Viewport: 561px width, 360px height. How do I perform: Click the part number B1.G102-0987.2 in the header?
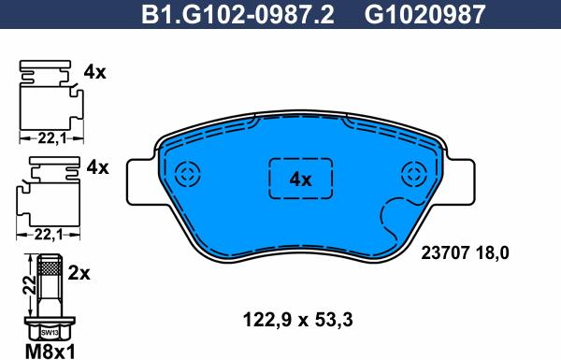[237, 15]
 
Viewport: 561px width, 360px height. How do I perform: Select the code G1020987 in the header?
[424, 15]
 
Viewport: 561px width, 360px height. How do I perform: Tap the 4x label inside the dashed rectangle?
[300, 180]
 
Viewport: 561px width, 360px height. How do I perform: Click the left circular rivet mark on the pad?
[188, 174]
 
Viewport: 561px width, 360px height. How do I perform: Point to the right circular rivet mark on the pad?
[414, 174]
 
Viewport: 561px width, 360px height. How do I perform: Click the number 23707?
[445, 253]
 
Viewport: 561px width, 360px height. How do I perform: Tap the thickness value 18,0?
[492, 253]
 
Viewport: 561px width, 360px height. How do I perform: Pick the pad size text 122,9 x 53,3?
[298, 320]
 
